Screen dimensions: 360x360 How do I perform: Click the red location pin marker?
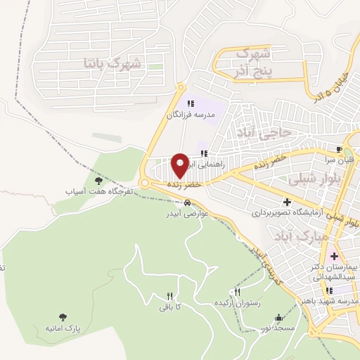click(x=180, y=165)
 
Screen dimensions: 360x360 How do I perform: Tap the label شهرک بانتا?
click(x=112, y=63)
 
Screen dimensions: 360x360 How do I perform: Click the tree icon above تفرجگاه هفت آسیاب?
click(x=97, y=181)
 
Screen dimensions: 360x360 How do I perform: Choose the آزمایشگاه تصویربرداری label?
click(x=290, y=211)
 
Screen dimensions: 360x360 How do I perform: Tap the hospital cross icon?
click(x=333, y=256)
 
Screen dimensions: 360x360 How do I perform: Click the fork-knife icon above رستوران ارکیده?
click(x=238, y=292)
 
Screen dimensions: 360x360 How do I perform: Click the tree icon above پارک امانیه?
click(x=63, y=317)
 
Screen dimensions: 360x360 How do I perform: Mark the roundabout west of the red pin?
click(x=145, y=183)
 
